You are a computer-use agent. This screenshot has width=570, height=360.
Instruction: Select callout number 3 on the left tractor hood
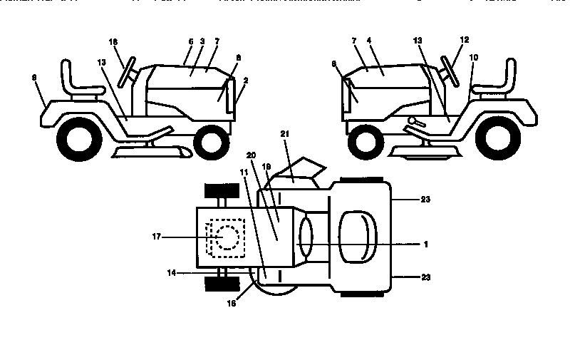202,42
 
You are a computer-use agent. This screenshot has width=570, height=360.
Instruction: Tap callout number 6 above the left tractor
190,42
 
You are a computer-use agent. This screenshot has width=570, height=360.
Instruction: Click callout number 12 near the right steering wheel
465,40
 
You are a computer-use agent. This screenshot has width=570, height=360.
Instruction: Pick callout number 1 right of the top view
425,245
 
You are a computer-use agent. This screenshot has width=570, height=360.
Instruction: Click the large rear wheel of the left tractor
75,140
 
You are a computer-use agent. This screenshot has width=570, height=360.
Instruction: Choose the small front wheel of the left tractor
210,143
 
